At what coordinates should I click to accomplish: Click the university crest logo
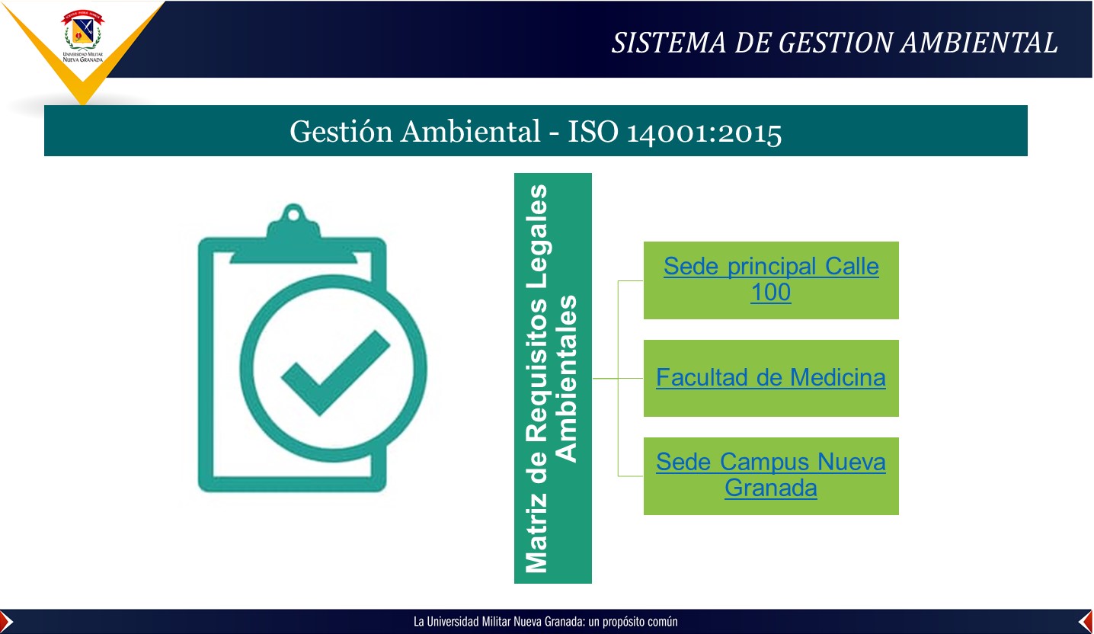[x=82, y=36]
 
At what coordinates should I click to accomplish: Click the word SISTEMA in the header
[x=669, y=43]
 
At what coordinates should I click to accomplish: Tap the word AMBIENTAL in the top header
[x=979, y=43]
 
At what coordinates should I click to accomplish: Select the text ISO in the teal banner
[x=593, y=131]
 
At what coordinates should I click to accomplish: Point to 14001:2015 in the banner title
[x=704, y=133]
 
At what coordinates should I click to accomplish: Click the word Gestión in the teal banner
[x=341, y=132]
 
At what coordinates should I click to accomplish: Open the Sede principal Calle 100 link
[x=771, y=280]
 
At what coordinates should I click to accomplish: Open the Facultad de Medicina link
[x=771, y=377]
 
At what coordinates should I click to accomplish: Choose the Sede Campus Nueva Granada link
[x=771, y=475]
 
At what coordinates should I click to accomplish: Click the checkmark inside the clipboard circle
[x=335, y=373]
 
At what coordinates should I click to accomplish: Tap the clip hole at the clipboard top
[x=293, y=214]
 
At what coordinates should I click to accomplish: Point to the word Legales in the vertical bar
[x=537, y=219]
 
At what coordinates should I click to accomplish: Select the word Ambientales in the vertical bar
[x=567, y=379]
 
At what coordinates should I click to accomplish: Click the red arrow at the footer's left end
[x=6, y=622]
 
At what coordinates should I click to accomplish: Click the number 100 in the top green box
[x=771, y=293]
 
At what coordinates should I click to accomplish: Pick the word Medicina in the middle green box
[x=837, y=377]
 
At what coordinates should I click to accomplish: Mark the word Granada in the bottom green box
[x=771, y=488]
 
